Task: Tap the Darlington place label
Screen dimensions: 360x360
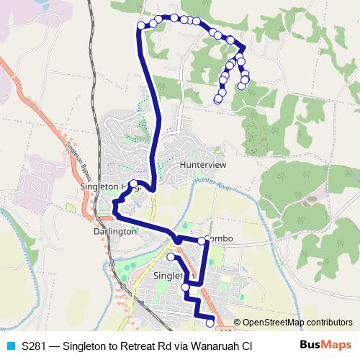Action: [115, 232]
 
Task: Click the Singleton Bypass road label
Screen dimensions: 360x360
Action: [81, 160]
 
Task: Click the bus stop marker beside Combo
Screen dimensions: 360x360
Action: [202, 240]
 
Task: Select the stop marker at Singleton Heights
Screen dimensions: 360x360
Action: [134, 183]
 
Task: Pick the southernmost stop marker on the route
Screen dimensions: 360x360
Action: [210, 323]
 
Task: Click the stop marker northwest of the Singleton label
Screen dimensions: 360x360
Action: [171, 257]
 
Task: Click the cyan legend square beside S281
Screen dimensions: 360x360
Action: [9, 346]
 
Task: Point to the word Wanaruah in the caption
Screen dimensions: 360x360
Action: [204, 346]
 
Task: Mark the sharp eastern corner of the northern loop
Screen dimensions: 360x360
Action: [244, 48]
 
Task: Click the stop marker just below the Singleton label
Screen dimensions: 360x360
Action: [186, 287]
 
